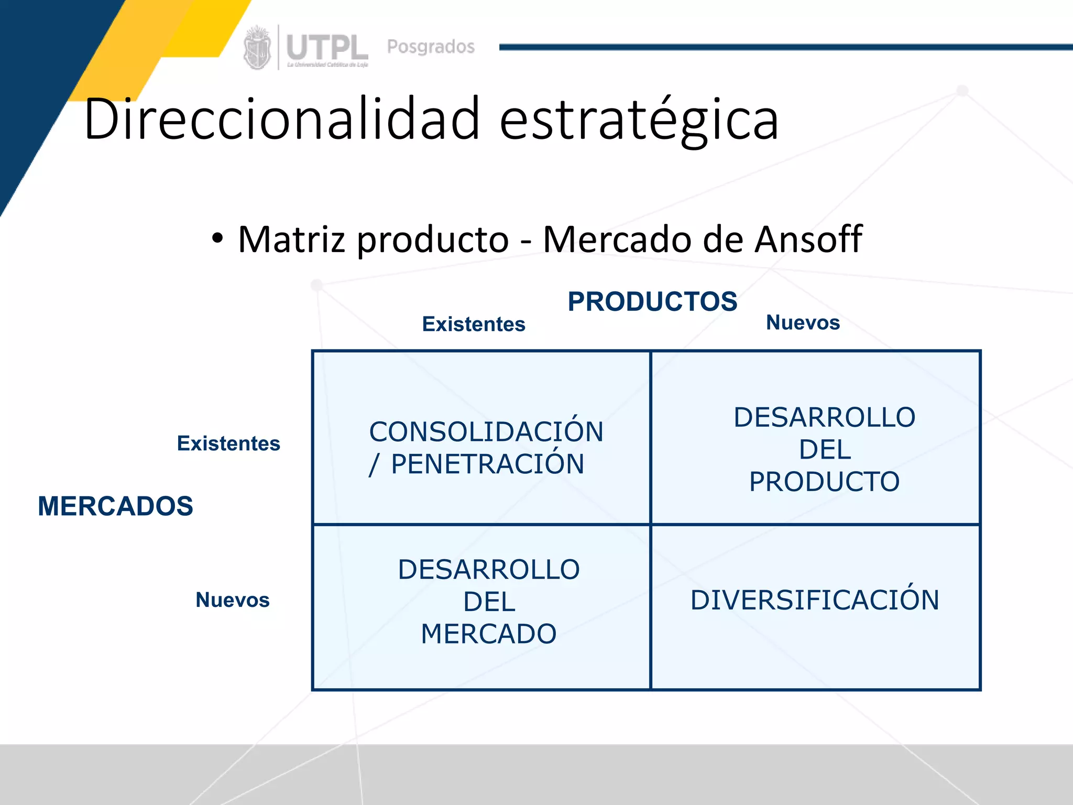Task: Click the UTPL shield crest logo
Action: pyautogui.click(x=257, y=48)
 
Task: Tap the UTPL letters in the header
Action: pyautogui.click(x=327, y=48)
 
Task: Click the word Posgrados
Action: pyautogui.click(x=431, y=47)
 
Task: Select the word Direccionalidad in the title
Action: pyautogui.click(x=281, y=119)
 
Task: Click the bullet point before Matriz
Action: pyautogui.click(x=217, y=239)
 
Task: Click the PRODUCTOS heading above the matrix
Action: pyautogui.click(x=652, y=302)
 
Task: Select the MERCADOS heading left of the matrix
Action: pyautogui.click(x=115, y=506)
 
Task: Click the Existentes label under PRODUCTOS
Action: pyautogui.click(x=474, y=324)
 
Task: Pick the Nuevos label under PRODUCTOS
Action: pyautogui.click(x=803, y=323)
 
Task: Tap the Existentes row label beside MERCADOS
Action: pyautogui.click(x=228, y=444)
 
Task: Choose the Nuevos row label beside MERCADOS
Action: pyautogui.click(x=232, y=600)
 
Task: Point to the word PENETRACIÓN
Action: pyautogui.click(x=487, y=464)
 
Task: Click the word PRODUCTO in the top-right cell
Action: pyautogui.click(x=824, y=482)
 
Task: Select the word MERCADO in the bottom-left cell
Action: pyautogui.click(x=488, y=634)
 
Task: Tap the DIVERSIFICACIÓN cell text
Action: pyautogui.click(x=815, y=600)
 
